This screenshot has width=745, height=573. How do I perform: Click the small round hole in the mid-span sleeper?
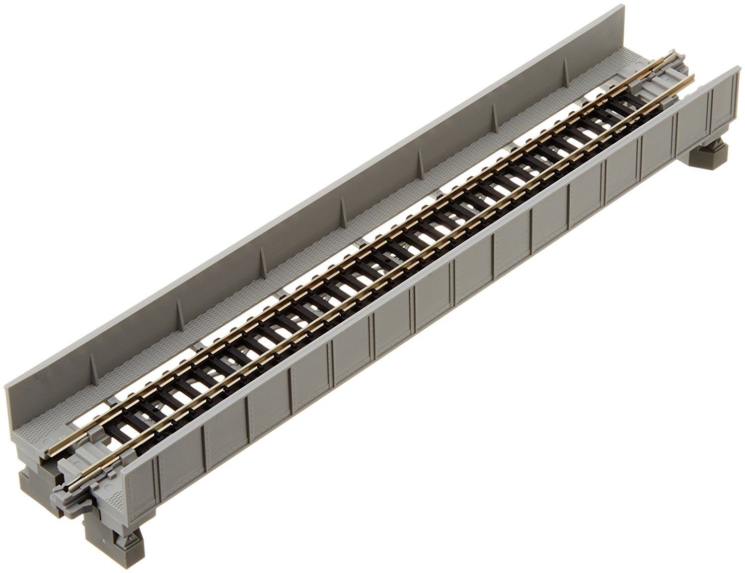point(386,259)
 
